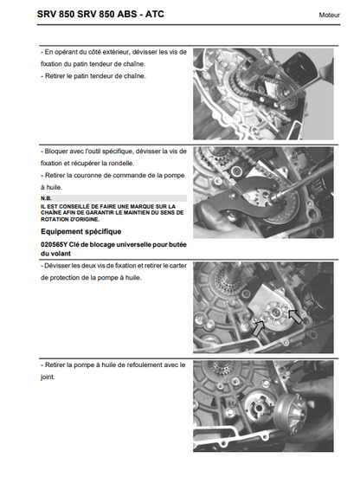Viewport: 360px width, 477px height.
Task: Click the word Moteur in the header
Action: [x=329, y=15]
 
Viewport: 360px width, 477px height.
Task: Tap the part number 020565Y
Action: [x=54, y=245]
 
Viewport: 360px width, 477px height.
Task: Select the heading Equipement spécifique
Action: [x=80, y=231]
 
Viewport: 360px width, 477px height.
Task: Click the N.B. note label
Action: [x=46, y=198]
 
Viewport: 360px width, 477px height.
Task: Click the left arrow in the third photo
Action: [x=259, y=329]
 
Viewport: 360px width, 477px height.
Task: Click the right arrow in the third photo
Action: [x=295, y=317]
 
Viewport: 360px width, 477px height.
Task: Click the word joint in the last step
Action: [x=48, y=377]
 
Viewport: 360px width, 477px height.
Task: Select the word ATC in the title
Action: [x=154, y=14]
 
